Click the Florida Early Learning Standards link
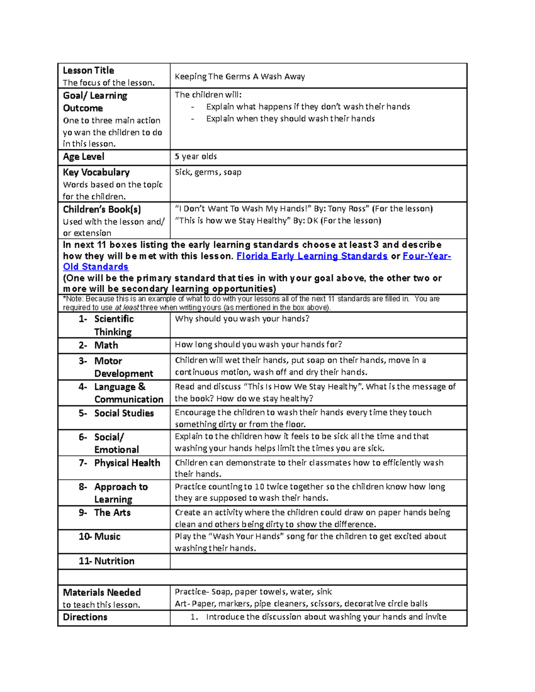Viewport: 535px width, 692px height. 312,256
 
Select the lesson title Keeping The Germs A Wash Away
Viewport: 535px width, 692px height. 240,77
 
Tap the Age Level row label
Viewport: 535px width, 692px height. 83,157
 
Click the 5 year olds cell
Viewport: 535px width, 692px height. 196,157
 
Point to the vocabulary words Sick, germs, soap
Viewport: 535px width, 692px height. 208,172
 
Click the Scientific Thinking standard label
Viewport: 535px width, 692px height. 113,325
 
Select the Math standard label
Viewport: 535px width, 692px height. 106,345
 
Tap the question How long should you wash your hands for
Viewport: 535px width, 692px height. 258,344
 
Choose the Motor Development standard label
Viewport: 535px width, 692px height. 123,367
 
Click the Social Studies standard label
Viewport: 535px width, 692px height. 123,414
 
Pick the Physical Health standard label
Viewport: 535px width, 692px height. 127,463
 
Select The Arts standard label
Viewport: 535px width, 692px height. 112,513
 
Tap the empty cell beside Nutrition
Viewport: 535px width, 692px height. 318,561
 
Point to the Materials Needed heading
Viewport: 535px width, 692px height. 102,593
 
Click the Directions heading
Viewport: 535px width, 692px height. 85,618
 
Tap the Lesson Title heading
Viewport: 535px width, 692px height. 88,71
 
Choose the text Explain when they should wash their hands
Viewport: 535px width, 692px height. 290,119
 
